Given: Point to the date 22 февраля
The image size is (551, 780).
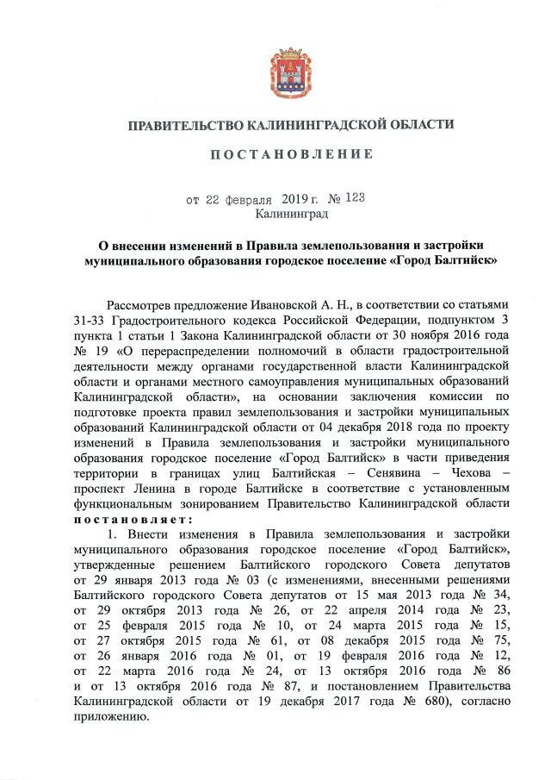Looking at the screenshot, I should (236, 199).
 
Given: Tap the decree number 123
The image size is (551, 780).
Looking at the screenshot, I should (350, 199).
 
